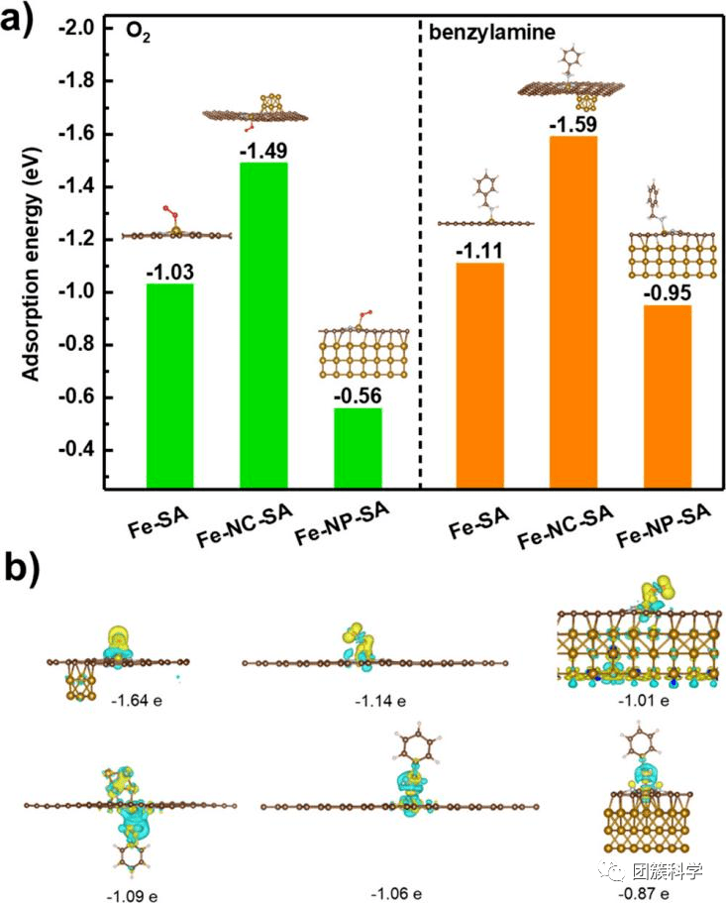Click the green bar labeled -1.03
(170, 386)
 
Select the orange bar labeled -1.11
(480, 376)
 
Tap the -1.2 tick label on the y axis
(80, 239)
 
